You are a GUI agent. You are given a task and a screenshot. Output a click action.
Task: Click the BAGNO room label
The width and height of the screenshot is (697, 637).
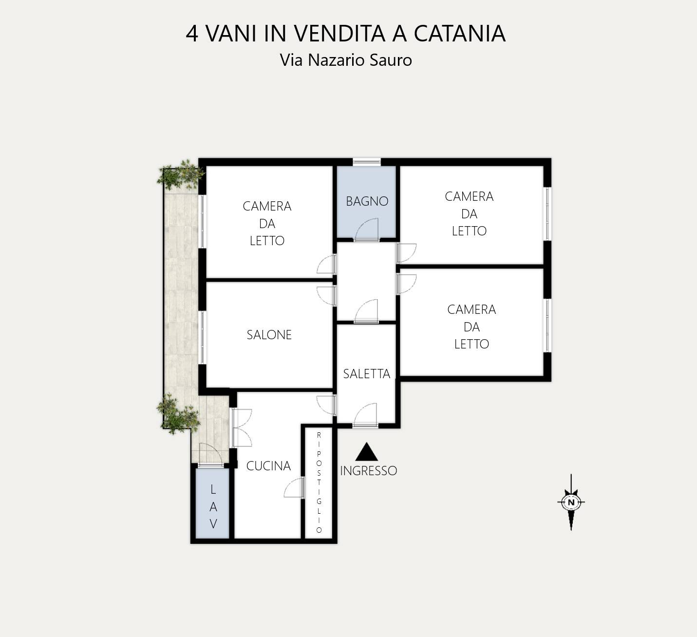367,201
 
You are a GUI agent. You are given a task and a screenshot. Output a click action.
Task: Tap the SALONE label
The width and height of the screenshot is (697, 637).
269,335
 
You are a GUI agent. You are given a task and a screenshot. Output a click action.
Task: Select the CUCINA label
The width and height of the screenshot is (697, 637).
268,466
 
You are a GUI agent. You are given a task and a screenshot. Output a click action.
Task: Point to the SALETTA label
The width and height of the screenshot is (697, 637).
367,374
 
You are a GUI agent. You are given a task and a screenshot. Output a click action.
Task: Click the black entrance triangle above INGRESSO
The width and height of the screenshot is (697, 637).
367,452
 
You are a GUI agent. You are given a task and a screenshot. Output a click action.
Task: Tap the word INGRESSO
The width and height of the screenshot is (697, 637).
368,471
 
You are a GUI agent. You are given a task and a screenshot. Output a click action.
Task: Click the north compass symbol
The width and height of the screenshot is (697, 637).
571,502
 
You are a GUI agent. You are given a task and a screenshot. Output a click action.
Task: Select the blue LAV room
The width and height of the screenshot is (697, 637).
212,503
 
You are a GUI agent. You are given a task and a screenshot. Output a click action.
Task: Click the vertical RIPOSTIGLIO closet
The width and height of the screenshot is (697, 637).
319,483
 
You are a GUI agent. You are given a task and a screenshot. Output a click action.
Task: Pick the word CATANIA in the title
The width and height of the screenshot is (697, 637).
459,34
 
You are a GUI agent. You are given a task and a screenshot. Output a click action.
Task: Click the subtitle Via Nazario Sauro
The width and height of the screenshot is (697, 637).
346,60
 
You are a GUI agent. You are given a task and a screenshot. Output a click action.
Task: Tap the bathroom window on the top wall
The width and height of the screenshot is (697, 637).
367,162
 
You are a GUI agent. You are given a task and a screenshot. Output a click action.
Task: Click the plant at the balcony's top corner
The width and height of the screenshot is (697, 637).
180,175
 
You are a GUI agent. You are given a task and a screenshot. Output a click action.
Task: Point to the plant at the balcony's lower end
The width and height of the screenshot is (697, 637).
178,414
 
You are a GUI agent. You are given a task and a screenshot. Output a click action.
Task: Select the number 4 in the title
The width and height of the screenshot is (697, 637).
192,34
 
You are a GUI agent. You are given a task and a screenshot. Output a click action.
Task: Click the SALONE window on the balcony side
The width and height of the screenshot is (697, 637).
202,338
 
